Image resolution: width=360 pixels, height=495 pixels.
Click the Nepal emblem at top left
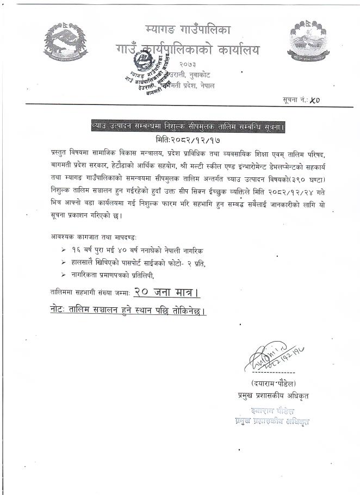click(x=65, y=42)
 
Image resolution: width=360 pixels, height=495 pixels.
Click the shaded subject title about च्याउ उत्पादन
click(x=188, y=127)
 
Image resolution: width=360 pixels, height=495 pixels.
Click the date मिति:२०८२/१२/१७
click(x=188, y=139)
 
